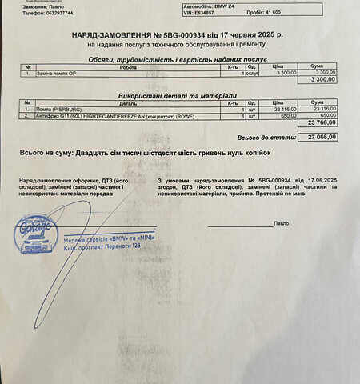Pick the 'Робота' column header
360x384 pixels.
tap(127, 66)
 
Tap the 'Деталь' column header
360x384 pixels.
tap(127, 102)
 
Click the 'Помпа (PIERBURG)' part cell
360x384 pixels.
tap(55, 109)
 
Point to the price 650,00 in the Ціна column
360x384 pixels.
tap(283, 115)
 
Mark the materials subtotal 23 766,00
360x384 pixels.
tap(321, 122)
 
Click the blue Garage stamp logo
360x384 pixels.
tap(37, 233)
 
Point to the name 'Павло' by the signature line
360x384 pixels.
tap(281, 224)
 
